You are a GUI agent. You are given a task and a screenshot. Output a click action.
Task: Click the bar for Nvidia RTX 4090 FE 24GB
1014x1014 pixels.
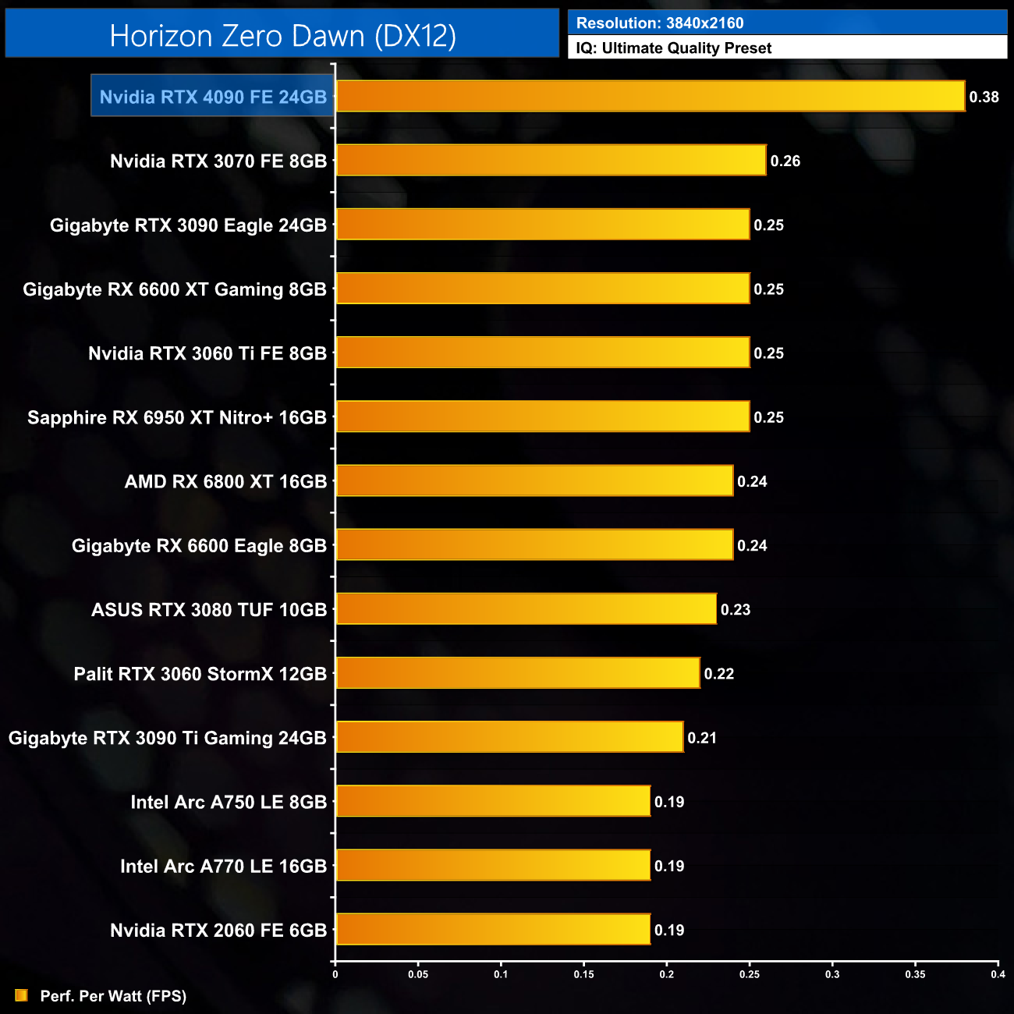650,96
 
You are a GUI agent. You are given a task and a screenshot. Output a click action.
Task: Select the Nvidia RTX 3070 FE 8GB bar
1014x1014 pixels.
551,160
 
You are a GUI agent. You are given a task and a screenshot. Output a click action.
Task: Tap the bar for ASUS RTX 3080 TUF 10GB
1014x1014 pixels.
526,609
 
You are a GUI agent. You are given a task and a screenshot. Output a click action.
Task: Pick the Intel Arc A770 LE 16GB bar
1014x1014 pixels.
493,865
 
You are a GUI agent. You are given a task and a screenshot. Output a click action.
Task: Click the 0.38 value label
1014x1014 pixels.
984,97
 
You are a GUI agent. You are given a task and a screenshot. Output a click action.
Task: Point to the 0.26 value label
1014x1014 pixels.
785,161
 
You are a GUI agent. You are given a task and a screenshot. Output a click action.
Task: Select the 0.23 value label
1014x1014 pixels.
735,609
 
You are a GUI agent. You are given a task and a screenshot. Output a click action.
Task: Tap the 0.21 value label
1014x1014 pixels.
701,738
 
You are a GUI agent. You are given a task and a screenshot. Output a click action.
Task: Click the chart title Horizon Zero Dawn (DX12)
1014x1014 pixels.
282,36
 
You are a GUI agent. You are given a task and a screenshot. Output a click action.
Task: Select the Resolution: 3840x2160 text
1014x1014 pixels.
660,23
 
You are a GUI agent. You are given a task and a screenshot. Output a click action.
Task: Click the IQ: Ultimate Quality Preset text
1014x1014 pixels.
674,48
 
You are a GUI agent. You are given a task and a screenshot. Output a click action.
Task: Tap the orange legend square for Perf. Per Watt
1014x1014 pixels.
22,995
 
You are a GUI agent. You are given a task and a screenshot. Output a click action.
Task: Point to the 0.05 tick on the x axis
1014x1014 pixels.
418,973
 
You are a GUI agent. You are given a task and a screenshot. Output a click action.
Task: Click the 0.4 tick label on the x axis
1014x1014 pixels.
998,973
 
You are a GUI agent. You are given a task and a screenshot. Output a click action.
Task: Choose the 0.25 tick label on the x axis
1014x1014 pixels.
750,973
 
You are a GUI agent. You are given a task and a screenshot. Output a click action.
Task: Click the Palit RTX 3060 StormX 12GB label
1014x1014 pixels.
200,674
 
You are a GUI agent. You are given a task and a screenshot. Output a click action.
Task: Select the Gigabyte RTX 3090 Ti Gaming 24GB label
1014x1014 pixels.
167,738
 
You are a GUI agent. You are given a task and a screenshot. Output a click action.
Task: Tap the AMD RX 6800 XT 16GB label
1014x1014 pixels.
225,481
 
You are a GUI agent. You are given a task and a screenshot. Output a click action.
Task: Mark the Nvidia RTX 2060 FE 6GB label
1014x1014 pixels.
218,930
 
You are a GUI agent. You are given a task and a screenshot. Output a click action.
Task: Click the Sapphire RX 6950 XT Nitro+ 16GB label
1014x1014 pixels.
176,417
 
